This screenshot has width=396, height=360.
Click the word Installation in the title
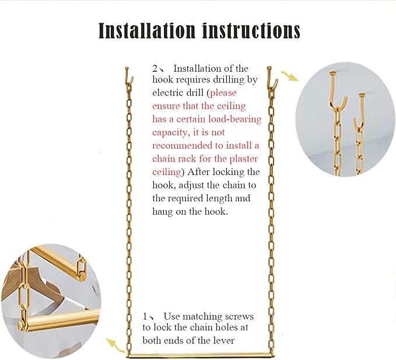(147, 30)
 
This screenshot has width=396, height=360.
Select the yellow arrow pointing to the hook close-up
(290, 76)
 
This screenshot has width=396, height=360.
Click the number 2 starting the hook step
(155, 68)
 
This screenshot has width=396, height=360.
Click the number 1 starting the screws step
(145, 316)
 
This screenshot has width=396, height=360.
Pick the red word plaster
(243, 159)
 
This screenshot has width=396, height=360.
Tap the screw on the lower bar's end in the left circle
(21, 325)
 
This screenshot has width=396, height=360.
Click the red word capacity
(171, 133)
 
